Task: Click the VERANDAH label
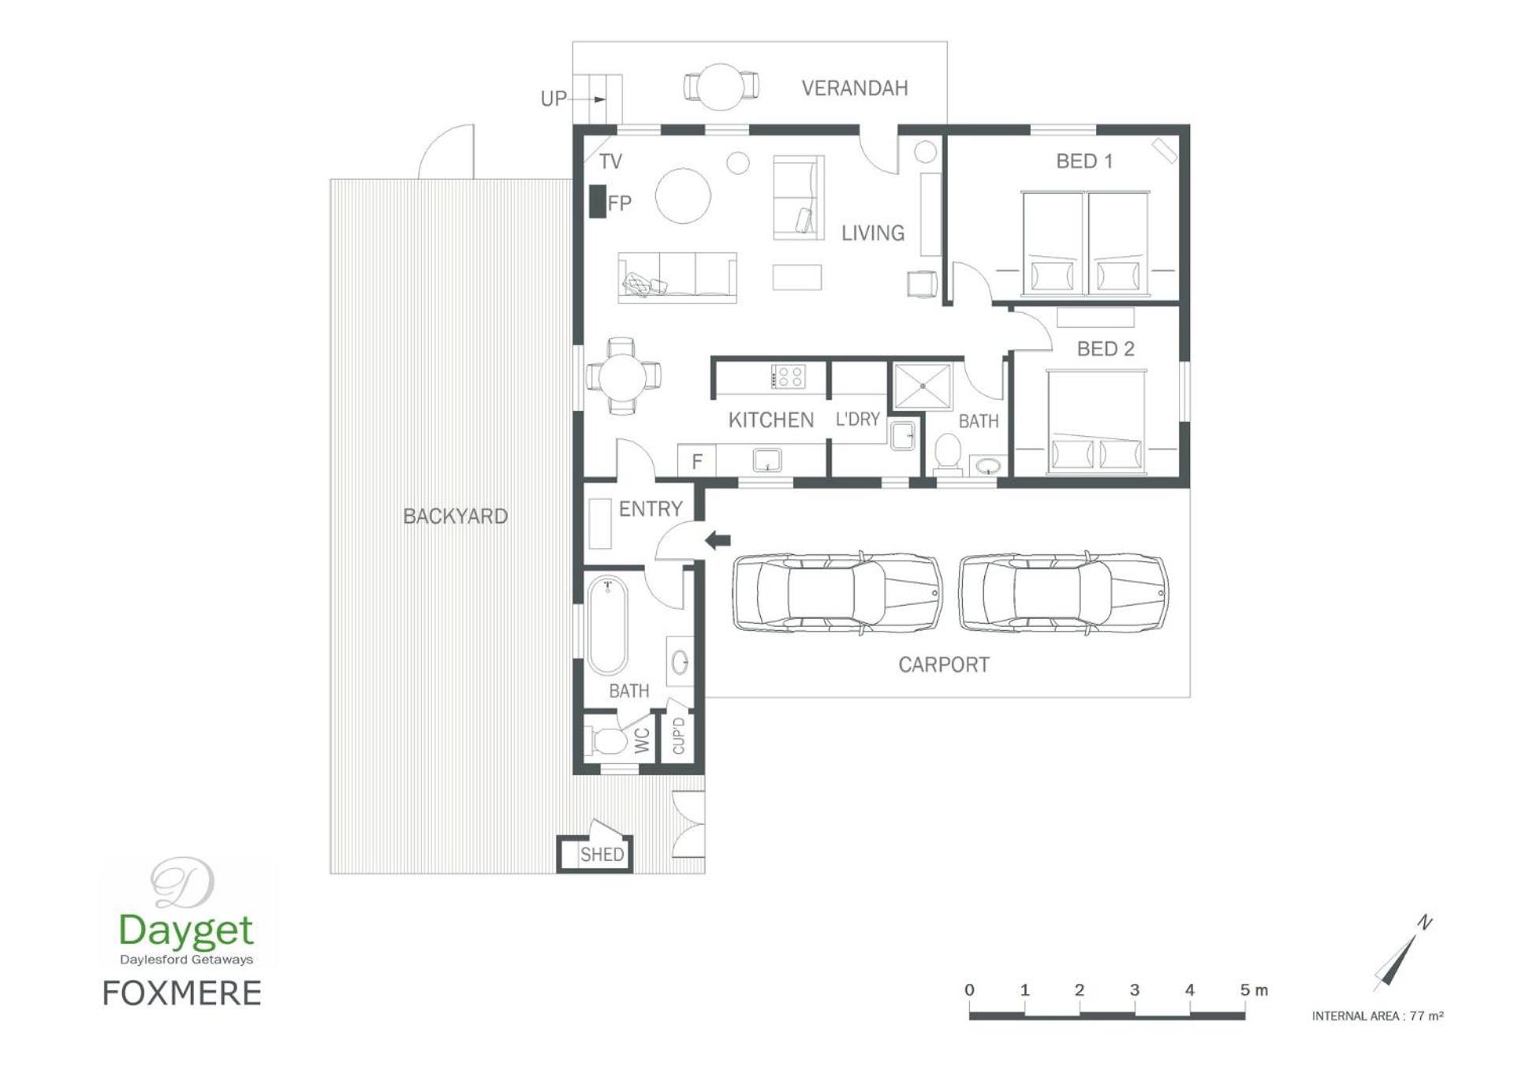click(854, 88)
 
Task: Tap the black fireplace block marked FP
click(598, 201)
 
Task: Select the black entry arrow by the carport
click(718, 540)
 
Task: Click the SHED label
click(602, 854)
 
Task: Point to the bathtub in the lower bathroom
click(607, 626)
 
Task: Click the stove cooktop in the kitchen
click(788, 376)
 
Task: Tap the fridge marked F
click(697, 460)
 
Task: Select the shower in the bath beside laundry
click(922, 386)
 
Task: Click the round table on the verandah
click(721, 86)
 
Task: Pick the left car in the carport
click(837, 593)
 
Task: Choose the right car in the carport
click(1063, 593)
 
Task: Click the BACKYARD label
click(455, 516)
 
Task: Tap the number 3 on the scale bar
click(1134, 990)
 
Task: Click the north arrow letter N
click(1425, 922)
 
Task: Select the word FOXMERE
click(181, 994)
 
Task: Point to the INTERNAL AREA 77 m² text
click(1378, 1016)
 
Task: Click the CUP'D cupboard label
click(679, 736)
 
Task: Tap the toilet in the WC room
click(605, 740)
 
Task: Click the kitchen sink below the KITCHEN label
click(766, 460)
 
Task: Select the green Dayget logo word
click(186, 931)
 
